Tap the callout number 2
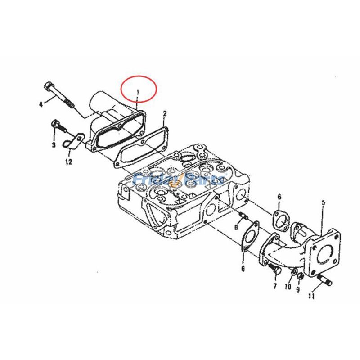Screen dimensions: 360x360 tap(165, 112)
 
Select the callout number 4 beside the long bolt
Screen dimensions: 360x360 tap(41, 104)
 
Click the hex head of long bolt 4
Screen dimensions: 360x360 tap(49, 86)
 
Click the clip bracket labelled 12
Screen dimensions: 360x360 tap(76, 140)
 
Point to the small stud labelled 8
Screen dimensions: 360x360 tap(243, 216)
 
